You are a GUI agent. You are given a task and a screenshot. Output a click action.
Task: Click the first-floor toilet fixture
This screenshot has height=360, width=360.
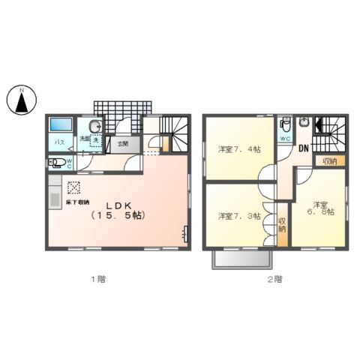58,161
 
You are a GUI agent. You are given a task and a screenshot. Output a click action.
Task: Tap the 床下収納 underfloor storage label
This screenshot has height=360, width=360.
76,202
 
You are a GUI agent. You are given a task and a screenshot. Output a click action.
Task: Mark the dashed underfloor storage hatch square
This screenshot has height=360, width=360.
74,187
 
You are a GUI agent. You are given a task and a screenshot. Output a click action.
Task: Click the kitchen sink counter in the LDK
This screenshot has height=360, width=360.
55,198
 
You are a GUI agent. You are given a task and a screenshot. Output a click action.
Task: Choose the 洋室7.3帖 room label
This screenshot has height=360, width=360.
239,216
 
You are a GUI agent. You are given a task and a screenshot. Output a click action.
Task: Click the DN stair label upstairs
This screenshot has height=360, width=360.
304,148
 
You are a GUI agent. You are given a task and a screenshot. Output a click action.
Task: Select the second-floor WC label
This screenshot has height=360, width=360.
285,139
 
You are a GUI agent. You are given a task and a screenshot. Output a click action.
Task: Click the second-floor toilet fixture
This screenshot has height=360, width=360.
285,124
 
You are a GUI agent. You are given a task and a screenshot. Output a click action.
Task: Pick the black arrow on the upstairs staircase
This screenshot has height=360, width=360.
318,126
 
